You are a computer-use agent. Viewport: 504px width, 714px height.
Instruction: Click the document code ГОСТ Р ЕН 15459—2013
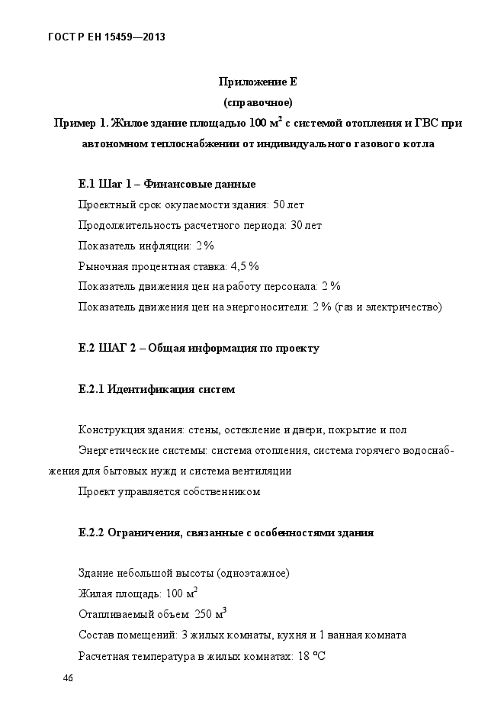tap(108, 36)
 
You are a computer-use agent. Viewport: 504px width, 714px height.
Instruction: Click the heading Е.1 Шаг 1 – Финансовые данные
tap(167, 184)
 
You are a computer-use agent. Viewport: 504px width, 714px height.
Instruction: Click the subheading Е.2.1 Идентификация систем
tap(156, 389)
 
